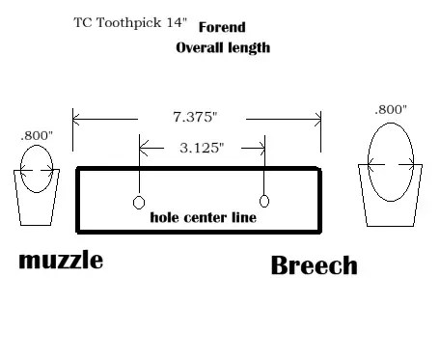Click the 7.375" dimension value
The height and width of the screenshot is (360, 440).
195,117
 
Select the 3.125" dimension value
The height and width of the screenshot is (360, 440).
202,148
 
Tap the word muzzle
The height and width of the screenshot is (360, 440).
61,261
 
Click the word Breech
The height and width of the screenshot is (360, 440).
315,265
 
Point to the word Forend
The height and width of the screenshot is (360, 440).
222,27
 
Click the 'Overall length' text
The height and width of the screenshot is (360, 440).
223,48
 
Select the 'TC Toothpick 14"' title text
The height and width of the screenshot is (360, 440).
130,22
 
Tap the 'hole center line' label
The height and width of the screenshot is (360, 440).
204,217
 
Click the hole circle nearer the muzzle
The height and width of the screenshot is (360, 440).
133,203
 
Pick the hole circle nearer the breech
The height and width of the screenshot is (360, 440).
260,201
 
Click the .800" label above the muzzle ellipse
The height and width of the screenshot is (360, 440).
37,136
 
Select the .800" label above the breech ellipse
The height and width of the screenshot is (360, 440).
391,110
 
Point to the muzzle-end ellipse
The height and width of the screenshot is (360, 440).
20,169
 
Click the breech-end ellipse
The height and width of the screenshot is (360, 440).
368,162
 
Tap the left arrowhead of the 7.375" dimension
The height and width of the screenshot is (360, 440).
76,120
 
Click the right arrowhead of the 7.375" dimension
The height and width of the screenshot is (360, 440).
318,120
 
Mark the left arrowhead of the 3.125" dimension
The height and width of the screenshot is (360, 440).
143,149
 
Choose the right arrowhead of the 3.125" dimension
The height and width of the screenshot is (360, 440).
261,149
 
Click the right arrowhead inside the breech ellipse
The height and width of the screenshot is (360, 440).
411,165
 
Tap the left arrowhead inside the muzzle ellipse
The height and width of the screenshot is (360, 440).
23,170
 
